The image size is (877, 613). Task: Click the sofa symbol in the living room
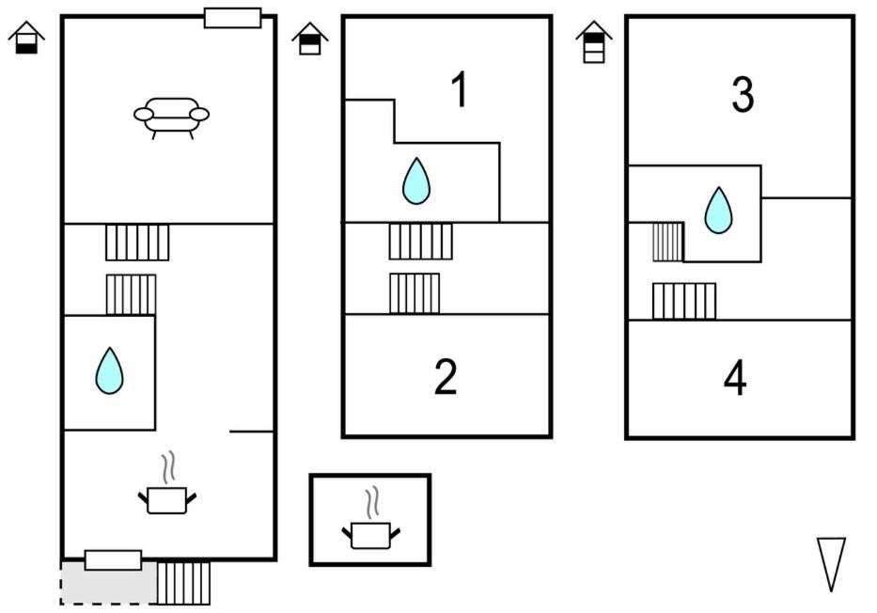pyautogui.click(x=171, y=118)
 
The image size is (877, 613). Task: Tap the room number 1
pyautogui.click(x=459, y=91)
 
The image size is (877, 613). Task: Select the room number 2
pyautogui.click(x=446, y=377)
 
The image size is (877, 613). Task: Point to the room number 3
pyautogui.click(x=743, y=95)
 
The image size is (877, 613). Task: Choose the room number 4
pyautogui.click(x=735, y=379)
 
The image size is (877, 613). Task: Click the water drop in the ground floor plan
pyautogui.click(x=110, y=370)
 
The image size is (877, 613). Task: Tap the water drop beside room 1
pyautogui.click(x=416, y=181)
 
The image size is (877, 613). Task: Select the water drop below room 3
pyautogui.click(x=718, y=210)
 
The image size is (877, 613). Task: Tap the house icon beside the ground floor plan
pyautogui.click(x=27, y=39)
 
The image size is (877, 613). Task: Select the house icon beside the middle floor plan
pyautogui.click(x=310, y=39)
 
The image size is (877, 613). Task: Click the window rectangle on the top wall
pyautogui.click(x=232, y=18)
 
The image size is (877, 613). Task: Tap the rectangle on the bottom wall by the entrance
pyautogui.click(x=113, y=560)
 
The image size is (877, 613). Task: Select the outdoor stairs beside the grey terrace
pyautogui.click(x=183, y=583)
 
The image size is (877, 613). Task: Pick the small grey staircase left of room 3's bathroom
pyautogui.click(x=667, y=243)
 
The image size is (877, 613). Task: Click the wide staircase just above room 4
pyautogui.click(x=684, y=301)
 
